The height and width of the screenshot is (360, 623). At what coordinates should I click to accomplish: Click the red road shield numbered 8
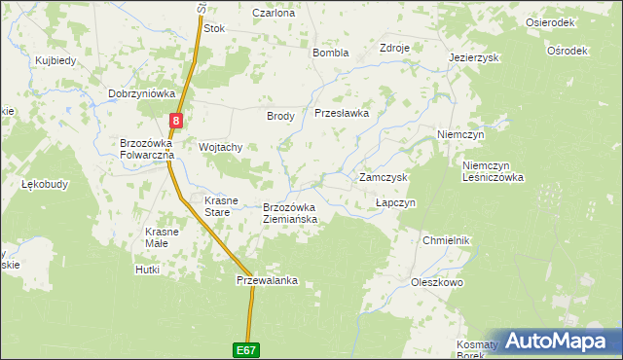[x=175, y=121]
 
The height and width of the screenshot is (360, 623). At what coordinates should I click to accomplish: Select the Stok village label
[x=214, y=29]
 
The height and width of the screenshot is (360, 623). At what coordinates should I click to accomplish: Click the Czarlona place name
[x=274, y=14]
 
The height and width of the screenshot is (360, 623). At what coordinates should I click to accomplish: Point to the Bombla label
[x=330, y=53]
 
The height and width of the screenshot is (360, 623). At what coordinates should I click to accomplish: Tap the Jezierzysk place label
[x=474, y=57]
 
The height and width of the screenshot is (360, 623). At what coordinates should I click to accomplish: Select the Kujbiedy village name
[x=55, y=60]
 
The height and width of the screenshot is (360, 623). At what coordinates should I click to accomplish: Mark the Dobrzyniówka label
[x=141, y=94]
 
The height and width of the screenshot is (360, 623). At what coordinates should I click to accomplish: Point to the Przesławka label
[x=342, y=113]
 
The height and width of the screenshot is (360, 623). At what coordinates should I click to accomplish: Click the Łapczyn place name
[x=396, y=202]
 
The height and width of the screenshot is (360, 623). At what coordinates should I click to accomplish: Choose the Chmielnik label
[x=447, y=240]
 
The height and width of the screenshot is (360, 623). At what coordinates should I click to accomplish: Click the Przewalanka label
[x=266, y=280]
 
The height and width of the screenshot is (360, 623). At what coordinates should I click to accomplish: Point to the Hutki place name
[x=147, y=270]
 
